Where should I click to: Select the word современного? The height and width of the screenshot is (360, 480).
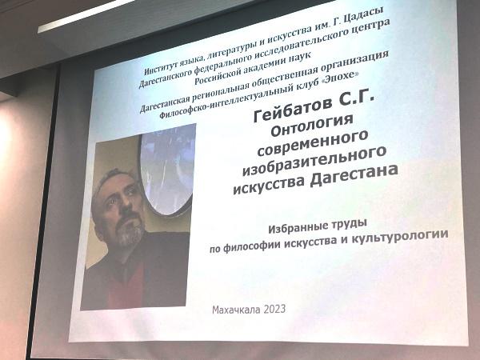pos(313,143)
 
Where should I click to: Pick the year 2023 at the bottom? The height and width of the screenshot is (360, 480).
pos(274,309)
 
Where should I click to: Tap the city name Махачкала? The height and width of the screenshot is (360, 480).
pos(236,310)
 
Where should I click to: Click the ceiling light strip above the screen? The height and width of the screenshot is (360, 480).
pos(86,15)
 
